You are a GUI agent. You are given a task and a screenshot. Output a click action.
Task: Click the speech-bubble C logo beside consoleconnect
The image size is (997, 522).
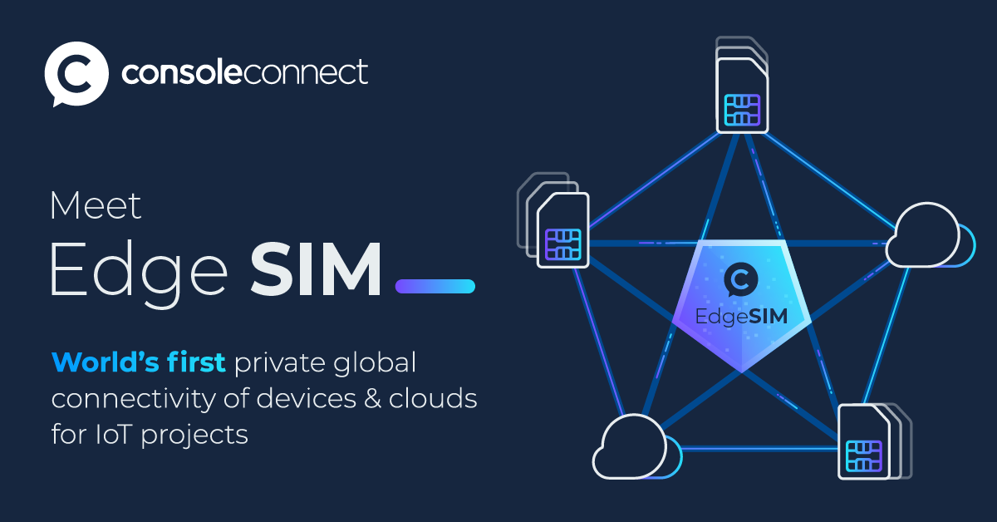pos(76,74)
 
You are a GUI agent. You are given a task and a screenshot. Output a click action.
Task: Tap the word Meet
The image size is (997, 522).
pos(96,206)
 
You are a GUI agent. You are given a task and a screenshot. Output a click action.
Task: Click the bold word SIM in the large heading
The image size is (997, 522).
pos(316,269)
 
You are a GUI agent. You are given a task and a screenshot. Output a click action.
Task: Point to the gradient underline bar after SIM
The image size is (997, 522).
pos(435,286)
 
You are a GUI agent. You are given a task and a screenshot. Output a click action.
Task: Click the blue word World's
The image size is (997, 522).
pos(106,362)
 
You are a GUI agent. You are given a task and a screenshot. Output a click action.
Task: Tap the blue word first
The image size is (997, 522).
pos(196,362)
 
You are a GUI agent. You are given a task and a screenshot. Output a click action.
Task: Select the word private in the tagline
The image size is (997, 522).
pos(280,363)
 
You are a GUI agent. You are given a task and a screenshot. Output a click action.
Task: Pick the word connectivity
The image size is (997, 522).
pos(134,399)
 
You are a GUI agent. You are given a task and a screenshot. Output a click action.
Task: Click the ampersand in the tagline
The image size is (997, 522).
pos(372,398)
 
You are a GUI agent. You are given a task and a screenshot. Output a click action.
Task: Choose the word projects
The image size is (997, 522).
pos(194,436)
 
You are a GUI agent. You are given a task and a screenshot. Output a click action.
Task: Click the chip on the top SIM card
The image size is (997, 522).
pos(742,110)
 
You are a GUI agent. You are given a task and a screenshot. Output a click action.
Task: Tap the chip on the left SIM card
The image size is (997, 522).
pos(563,244)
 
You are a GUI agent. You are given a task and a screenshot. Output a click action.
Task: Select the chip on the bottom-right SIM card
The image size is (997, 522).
pos(864,456)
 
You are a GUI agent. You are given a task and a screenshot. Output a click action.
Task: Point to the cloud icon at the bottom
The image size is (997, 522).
pos(637,446)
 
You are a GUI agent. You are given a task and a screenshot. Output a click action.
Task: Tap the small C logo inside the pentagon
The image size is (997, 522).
pos(740,280)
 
